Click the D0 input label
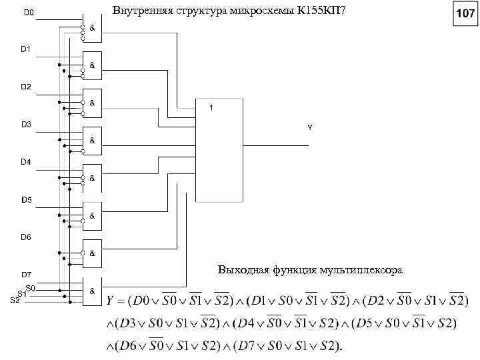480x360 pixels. tap(30, 12)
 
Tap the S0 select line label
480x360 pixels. tap(31, 287)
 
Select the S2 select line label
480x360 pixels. tap(15, 299)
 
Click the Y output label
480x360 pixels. tap(309, 127)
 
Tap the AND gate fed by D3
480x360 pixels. tap(92, 140)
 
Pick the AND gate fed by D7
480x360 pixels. tap(92, 291)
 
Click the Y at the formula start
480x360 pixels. tap(111, 301)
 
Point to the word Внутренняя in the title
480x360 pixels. tap(137, 11)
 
